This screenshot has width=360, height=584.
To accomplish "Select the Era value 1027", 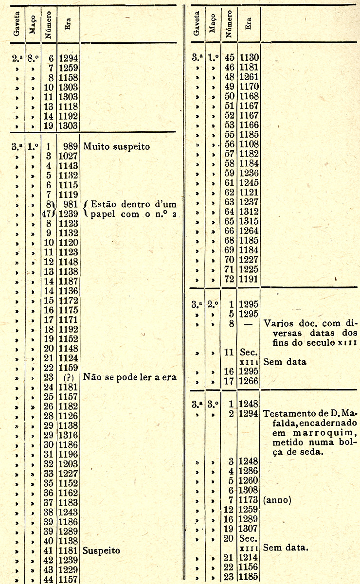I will (x=69, y=156).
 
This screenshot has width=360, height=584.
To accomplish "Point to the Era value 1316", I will (x=69, y=435).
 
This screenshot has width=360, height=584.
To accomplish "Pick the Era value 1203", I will (x=69, y=464).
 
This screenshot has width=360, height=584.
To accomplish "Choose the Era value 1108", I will (x=249, y=144).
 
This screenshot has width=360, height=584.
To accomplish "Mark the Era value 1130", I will (x=249, y=58).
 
